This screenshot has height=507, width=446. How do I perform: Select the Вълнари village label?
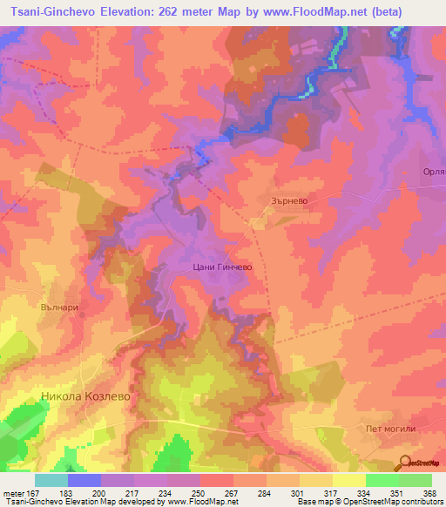[60, 307]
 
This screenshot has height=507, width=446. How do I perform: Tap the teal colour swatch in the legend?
[51, 480]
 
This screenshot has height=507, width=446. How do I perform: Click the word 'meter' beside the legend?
[13, 491]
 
